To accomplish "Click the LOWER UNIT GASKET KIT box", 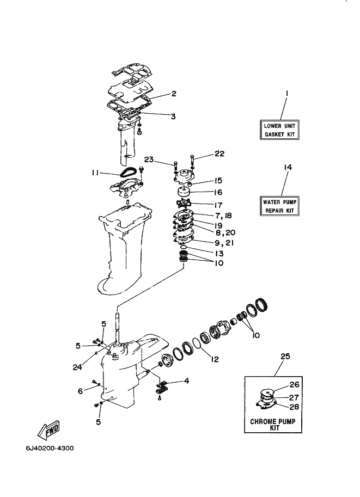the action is point(279,130).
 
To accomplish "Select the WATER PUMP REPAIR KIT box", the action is point(279,206).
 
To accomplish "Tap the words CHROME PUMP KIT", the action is point(273,425).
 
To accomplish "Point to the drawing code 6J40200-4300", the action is point(50,448).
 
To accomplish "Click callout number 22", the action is point(219,154).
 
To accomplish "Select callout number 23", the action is point(149,159).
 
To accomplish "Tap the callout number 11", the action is point(95,173).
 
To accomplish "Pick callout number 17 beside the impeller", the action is point(218,205).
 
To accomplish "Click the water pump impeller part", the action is point(183,203).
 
